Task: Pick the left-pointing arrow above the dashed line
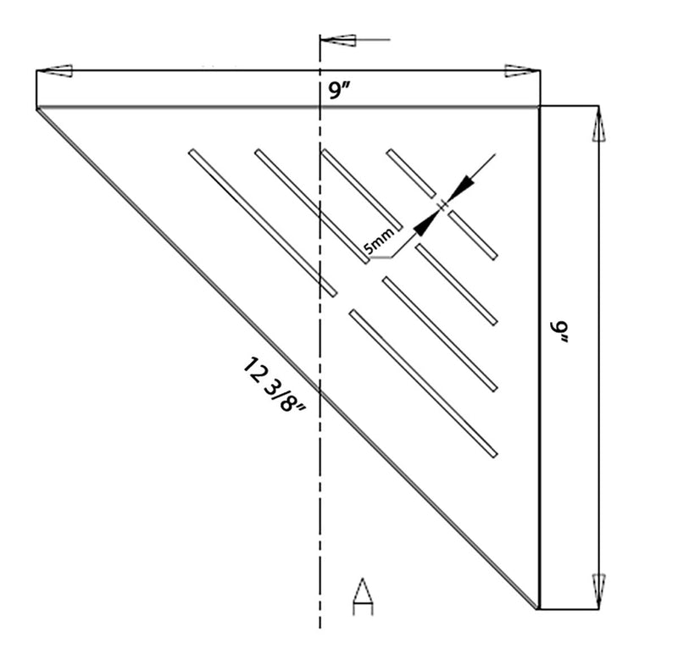pyautogui.click(x=340, y=40)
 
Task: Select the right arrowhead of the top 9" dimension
pyautogui.click(x=519, y=71)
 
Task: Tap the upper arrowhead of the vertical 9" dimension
pyautogui.click(x=598, y=128)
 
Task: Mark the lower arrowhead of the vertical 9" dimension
pyautogui.click(x=598, y=586)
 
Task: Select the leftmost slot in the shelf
pyautogui.click(x=263, y=223)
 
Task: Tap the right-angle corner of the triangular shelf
pyautogui.click(x=538, y=108)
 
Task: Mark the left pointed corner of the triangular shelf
pyautogui.click(x=38, y=108)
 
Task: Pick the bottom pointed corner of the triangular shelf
pyautogui.click(x=537, y=607)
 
